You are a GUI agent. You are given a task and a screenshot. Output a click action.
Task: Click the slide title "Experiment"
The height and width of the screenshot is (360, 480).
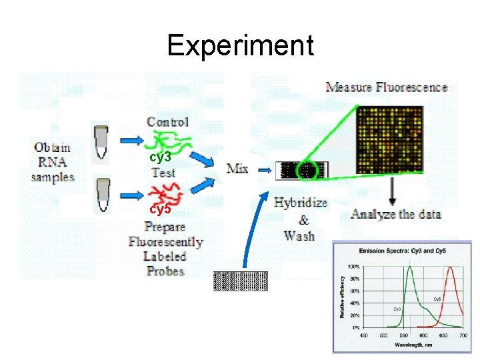[x=240, y=45]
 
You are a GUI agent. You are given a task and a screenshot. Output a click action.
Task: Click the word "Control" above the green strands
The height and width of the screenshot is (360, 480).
[x=167, y=122]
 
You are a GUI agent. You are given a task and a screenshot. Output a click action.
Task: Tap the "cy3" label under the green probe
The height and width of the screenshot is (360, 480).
[x=160, y=157]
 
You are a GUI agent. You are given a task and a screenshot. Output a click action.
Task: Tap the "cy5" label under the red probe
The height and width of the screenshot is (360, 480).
[x=160, y=209]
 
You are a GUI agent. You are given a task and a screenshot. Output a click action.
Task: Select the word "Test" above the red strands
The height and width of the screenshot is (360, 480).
[x=163, y=173]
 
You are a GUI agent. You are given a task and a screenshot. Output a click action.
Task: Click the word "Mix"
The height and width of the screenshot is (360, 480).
[x=237, y=168]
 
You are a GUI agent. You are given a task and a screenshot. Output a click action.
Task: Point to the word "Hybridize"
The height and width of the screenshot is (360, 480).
[x=301, y=203]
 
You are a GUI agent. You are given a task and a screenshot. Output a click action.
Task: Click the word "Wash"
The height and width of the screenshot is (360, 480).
[x=299, y=235]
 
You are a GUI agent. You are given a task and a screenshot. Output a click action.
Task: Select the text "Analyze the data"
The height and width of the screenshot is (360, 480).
[x=395, y=215]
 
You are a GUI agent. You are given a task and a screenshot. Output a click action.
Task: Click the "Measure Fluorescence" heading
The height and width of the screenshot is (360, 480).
[x=387, y=87]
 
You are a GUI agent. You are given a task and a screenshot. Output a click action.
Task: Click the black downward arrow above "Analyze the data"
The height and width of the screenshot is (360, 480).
[x=393, y=193]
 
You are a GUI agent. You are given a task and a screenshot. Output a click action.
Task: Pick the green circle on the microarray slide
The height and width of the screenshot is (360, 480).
[x=308, y=170]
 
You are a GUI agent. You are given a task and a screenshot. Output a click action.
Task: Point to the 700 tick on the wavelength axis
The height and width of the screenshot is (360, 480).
[x=463, y=335]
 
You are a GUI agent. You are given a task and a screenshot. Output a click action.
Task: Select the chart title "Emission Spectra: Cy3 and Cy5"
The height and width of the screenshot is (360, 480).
[x=405, y=251]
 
